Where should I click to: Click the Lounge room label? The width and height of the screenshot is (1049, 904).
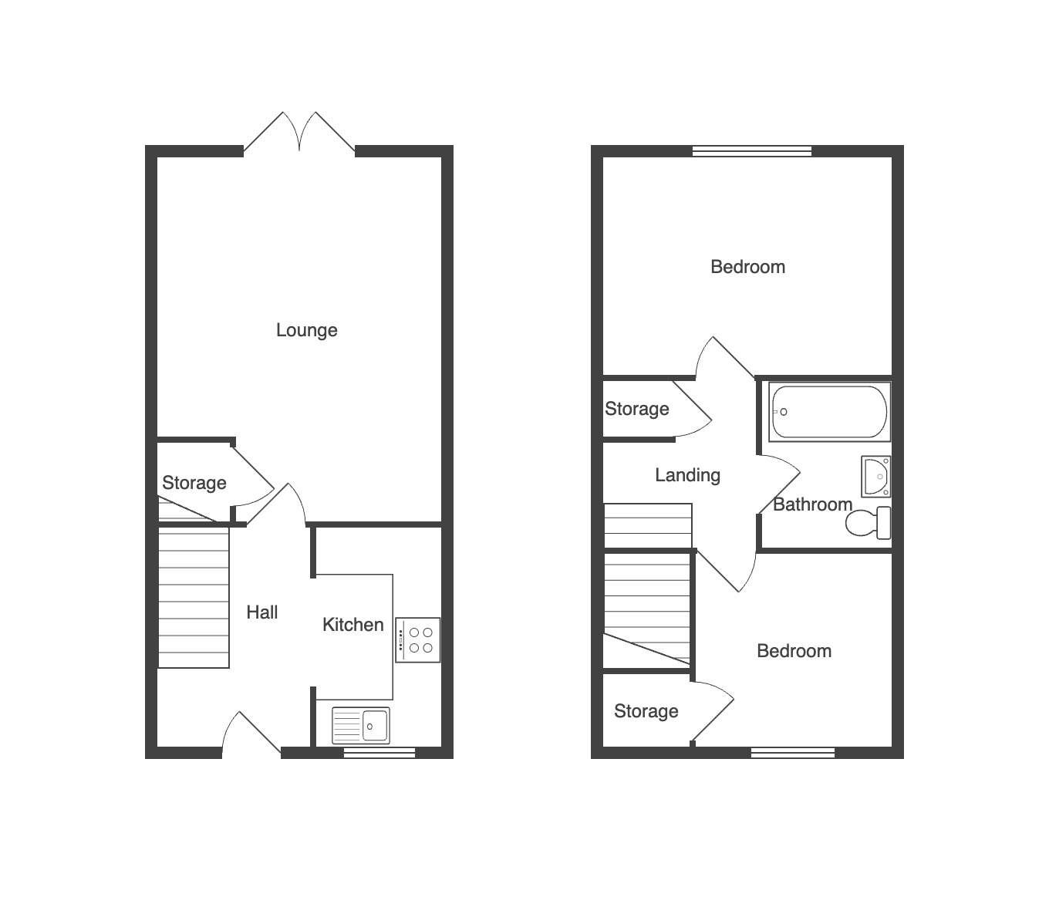[x=306, y=330]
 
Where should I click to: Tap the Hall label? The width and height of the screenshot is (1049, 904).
[x=262, y=612]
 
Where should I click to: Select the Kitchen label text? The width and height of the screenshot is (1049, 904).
[x=352, y=624]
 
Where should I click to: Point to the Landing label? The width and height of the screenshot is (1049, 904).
[x=688, y=475]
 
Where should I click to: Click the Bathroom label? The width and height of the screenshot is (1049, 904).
[x=812, y=504]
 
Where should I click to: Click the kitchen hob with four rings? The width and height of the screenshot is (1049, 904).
[x=417, y=639]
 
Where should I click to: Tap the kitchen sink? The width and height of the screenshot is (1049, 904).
[x=361, y=725]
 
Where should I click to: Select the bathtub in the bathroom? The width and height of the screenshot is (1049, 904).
[x=829, y=412]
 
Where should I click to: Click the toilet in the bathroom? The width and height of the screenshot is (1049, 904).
[x=869, y=523]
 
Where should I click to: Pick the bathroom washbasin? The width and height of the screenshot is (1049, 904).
[x=876, y=477]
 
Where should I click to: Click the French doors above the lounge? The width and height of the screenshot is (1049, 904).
[x=299, y=131]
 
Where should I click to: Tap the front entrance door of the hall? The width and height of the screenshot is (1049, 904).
[x=251, y=731]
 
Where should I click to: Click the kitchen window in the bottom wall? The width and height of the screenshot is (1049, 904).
[x=379, y=753]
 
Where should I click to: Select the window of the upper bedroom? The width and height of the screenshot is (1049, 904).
[x=752, y=150]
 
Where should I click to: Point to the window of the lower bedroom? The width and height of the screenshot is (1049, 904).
[x=793, y=753]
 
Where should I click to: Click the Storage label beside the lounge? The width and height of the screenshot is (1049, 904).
[x=194, y=483]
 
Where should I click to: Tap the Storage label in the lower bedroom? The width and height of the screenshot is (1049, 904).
[x=646, y=711]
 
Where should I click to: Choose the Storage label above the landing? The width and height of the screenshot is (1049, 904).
[x=637, y=409]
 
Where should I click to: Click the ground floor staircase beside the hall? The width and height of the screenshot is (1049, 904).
[x=194, y=598]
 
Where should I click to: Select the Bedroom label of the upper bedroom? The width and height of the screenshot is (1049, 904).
[x=747, y=267]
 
